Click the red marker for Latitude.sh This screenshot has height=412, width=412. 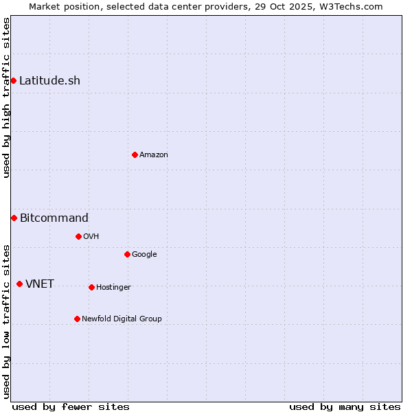point(13,81)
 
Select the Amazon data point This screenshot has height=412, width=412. point(135,154)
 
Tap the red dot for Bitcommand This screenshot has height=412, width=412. point(14,218)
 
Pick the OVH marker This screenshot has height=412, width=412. point(78,236)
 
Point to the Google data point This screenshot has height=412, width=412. point(127,254)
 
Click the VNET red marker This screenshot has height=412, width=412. point(19,284)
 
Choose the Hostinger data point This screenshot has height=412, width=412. point(91,287)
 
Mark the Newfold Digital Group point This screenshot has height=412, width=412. point(77,319)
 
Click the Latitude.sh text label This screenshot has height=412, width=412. point(49,81)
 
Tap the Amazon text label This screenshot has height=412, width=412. point(154,155)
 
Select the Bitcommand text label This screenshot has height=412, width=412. point(54,218)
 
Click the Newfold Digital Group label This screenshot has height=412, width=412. point(122,319)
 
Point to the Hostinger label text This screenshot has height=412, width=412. point(113,287)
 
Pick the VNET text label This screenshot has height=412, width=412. point(40,284)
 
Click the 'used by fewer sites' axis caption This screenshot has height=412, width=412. point(71,407)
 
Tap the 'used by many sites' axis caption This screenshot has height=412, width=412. point(345,407)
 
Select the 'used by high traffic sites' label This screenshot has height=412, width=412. point(6,98)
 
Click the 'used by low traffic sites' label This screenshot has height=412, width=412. point(6,321)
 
